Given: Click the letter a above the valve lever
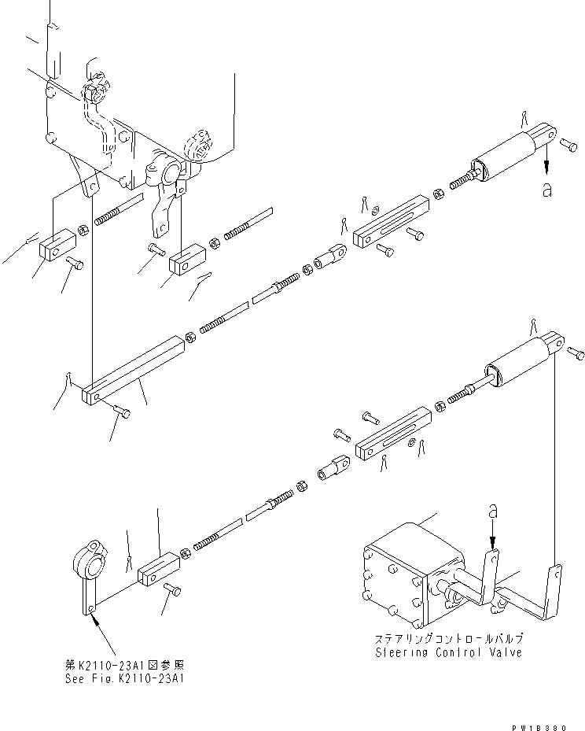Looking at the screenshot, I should pyautogui.click(x=492, y=511).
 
